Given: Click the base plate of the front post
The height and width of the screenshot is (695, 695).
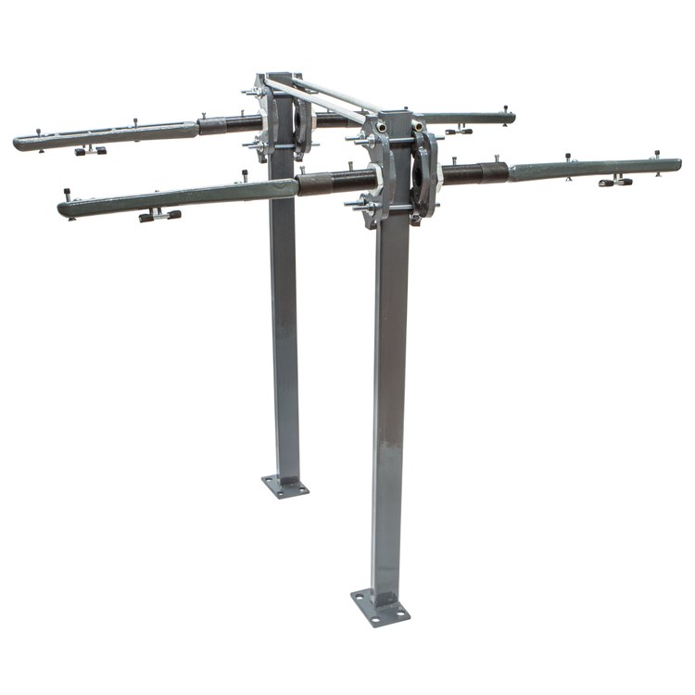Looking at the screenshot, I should click(x=380, y=607).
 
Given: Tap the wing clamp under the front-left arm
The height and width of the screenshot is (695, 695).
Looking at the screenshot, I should click(x=159, y=215).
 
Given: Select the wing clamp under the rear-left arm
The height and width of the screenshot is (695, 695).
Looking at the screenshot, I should click(x=91, y=150).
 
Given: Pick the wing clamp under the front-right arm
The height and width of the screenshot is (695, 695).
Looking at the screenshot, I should click(x=615, y=182).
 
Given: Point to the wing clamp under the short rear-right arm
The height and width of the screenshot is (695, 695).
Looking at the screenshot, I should click(x=458, y=132).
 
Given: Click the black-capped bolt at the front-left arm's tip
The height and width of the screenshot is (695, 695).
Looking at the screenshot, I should click(x=68, y=195).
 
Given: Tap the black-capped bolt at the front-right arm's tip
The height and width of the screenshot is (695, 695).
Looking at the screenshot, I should click(x=657, y=155).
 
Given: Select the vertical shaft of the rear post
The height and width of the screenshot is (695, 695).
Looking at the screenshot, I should click(x=284, y=324).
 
